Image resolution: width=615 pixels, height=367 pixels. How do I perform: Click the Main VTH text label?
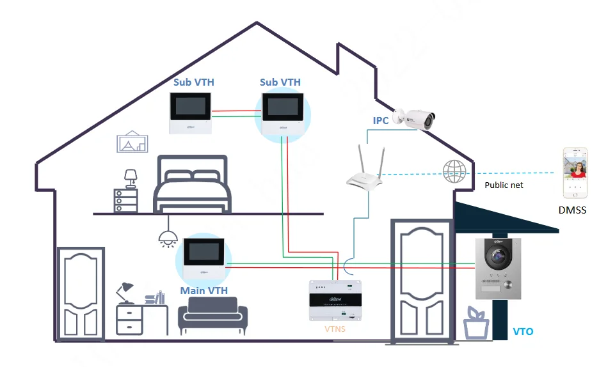[x=204, y=291]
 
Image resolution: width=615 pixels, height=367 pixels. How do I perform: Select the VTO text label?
[x=523, y=332]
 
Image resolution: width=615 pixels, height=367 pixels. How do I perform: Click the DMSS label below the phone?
[x=572, y=210]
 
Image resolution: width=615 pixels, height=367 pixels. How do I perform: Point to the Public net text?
[x=504, y=185]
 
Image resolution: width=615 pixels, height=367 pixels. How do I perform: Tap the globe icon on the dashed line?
[x=452, y=171]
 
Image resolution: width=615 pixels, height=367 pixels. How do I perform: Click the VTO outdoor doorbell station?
[x=499, y=269]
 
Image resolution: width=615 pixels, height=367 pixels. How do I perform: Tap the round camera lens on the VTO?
[x=498, y=258]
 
